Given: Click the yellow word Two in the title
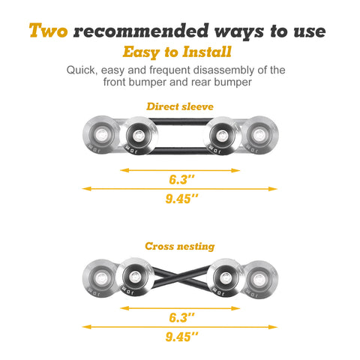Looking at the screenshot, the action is point(48,31).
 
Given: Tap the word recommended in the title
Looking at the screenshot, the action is point(141,31).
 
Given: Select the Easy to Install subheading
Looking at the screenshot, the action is point(177,52).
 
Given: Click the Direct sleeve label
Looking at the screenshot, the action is point(180,106).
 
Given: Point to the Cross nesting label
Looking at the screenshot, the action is point(180,246).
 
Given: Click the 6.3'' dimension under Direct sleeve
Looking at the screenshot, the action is point(181,179).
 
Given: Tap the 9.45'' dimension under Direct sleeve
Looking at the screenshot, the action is point(181,199).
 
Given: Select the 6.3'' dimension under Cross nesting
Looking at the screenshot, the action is point(181,317).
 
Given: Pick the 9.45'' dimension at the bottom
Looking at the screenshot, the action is point(181,337).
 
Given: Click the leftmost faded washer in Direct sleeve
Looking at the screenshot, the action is point(100,135).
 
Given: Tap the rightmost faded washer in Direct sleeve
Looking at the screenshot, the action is point(259,135).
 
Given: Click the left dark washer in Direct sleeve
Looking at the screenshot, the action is point(138,136).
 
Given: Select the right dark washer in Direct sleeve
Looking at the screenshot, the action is point(222,136).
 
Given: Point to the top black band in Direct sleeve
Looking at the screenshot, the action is point(181,121).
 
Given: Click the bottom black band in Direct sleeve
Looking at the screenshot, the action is point(180,151).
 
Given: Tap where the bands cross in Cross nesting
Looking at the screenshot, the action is point(181,278).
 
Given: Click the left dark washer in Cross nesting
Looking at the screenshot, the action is point(135,277).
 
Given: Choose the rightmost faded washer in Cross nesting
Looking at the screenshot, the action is point(260,280).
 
